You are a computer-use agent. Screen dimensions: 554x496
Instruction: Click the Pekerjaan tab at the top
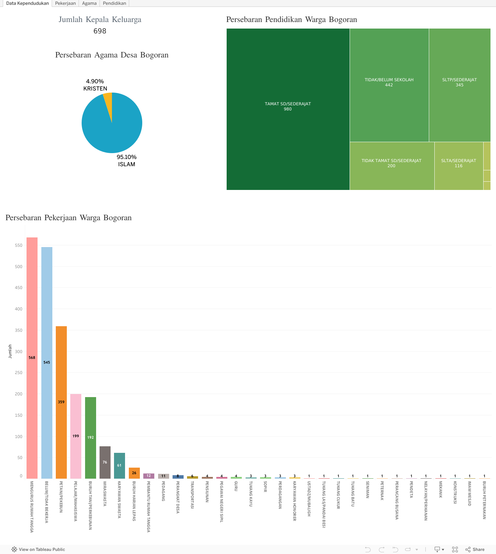(x=65, y=3)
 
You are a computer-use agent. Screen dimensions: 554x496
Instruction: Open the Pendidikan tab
(x=114, y=3)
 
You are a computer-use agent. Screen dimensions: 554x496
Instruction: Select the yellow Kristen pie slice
(x=108, y=102)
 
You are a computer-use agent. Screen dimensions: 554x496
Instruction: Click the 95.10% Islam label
(x=126, y=161)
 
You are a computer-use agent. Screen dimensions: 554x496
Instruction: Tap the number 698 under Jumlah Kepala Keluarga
(x=100, y=31)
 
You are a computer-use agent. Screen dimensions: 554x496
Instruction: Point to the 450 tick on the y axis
(x=19, y=288)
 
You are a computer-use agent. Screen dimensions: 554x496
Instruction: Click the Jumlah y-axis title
(x=10, y=351)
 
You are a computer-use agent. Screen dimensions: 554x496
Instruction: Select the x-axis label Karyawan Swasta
(x=119, y=500)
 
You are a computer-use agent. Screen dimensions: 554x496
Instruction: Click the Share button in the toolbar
(x=475, y=550)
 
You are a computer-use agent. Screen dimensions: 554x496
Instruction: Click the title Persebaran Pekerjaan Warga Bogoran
(x=69, y=218)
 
